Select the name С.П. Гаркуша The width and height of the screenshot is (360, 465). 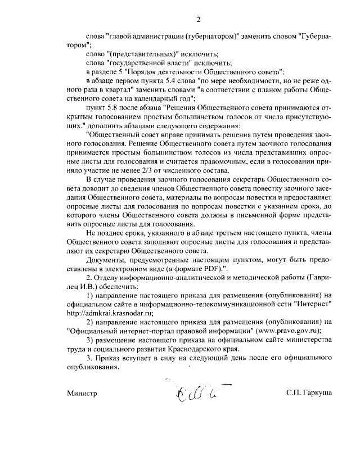click(308, 394)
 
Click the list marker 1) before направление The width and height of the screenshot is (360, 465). click(90, 295)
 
